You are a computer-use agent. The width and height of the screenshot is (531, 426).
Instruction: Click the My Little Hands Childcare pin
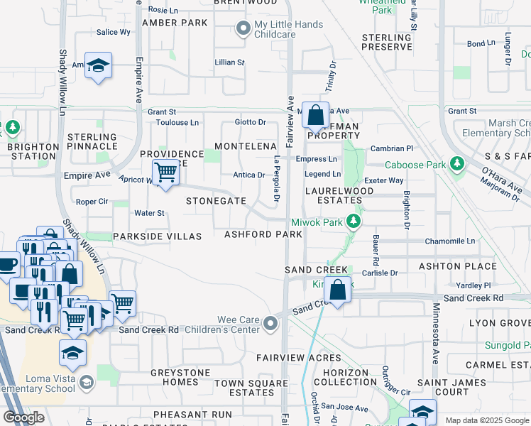(x=243, y=29)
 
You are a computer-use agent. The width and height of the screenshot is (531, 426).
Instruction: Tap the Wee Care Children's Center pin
(x=270, y=324)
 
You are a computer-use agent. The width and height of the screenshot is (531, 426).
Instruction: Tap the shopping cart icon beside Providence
(x=165, y=172)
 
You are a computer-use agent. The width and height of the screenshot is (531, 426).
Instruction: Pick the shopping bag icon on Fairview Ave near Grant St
(x=316, y=114)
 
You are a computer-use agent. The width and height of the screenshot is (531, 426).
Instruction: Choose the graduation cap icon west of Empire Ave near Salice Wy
(x=99, y=65)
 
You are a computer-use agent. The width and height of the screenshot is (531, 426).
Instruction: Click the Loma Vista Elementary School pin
(x=86, y=383)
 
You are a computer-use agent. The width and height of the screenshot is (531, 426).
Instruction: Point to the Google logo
(x=23, y=417)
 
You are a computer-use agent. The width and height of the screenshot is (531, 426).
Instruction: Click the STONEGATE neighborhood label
(x=216, y=201)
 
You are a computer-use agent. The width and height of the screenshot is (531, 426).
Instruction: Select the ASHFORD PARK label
(x=263, y=234)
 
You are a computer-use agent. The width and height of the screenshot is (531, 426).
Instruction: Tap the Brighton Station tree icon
(x=11, y=128)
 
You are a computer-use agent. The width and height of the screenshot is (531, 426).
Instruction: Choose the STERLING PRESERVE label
(x=386, y=42)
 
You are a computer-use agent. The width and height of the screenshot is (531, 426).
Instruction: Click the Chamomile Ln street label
(x=450, y=241)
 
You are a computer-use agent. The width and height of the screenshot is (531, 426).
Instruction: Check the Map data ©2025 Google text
(x=486, y=420)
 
